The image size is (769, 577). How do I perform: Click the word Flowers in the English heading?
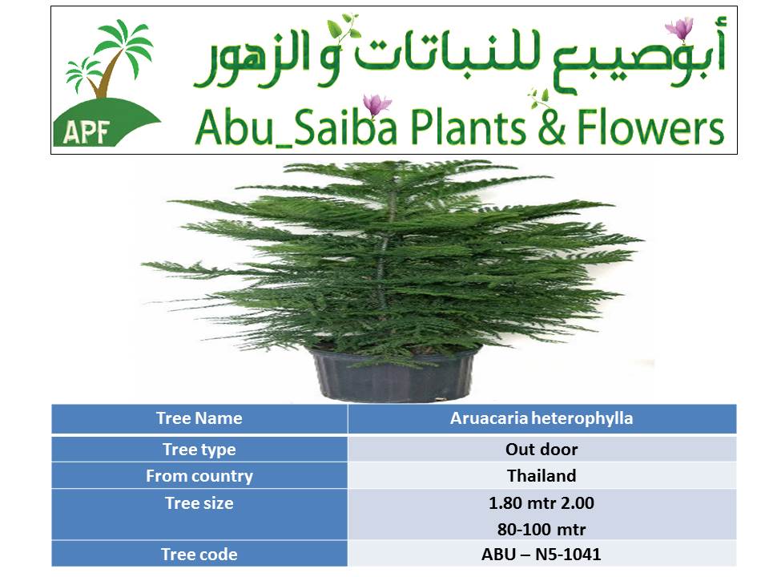click(x=650, y=127)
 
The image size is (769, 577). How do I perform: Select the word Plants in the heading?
click(x=469, y=127)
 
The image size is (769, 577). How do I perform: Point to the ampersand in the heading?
click(x=551, y=127)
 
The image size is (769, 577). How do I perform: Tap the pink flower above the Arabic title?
click(x=680, y=28)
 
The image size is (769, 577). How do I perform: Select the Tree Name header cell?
click(x=199, y=418)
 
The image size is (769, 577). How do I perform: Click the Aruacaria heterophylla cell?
click(x=542, y=418)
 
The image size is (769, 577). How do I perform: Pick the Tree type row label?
click(x=199, y=450)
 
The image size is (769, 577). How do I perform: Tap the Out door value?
click(x=542, y=450)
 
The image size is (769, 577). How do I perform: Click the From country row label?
click(x=199, y=476)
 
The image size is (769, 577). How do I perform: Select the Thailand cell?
click(x=542, y=476)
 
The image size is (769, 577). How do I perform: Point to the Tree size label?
click(x=199, y=503)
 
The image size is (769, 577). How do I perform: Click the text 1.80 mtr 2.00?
click(x=542, y=503)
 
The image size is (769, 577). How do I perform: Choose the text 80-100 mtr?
click(x=542, y=530)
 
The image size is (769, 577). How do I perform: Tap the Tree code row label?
click(x=199, y=555)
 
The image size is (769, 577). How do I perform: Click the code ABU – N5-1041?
click(x=542, y=555)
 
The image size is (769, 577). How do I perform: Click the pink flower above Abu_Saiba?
click(x=376, y=104)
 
